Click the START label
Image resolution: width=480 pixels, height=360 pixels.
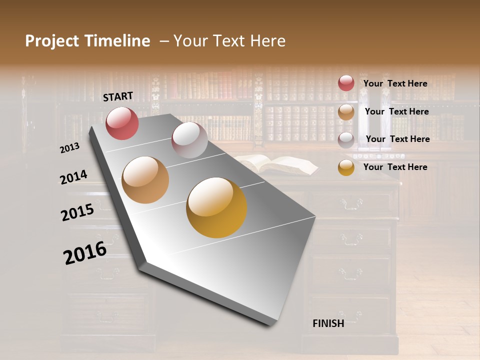(118, 96)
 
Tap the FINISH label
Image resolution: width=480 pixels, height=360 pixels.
(328, 323)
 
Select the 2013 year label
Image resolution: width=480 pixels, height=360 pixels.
(70, 147)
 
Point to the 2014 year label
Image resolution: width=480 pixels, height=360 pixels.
(73, 177)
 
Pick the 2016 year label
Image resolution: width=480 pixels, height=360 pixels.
(85, 253)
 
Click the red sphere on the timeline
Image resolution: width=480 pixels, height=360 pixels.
(122, 123)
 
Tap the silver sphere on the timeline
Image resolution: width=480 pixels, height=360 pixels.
(189, 140)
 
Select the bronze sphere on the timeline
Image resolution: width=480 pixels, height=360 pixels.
(145, 180)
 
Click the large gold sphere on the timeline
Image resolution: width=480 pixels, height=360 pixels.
(216, 207)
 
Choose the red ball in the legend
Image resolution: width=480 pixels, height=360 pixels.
(346, 83)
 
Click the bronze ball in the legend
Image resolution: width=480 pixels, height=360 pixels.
(346, 111)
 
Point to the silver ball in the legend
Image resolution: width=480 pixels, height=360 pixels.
(346, 139)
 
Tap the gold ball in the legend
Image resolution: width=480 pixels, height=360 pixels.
(346, 167)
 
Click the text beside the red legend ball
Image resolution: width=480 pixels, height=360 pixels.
(395, 83)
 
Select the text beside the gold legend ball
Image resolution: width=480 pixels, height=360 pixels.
(395, 167)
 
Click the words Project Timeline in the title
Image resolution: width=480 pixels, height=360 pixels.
(87, 41)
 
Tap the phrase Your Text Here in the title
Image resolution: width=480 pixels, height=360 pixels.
(229, 41)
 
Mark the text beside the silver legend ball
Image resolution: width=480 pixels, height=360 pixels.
(397, 139)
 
